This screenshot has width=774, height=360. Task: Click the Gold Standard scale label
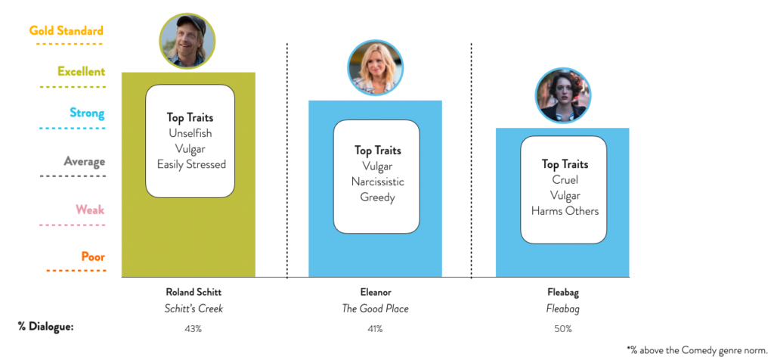pyautogui.click(x=67, y=30)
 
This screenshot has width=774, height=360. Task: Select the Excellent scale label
pyautogui.click(x=82, y=72)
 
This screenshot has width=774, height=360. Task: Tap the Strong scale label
pyautogui.click(x=87, y=113)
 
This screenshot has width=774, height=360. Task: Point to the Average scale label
pyautogui.click(x=84, y=162)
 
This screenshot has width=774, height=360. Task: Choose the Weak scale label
pyautogui.click(x=90, y=210)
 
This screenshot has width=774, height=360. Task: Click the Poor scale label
pyautogui.click(x=93, y=257)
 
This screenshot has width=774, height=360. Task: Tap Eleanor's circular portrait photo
pyautogui.click(x=376, y=67)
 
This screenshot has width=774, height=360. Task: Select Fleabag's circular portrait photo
pyautogui.click(x=563, y=95)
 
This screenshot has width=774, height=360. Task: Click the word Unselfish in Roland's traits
pyautogui.click(x=190, y=133)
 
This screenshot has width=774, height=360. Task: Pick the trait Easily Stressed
pyautogui.click(x=191, y=164)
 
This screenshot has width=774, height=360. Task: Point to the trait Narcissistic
pyautogui.click(x=378, y=182)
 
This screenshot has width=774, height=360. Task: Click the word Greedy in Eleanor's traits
pyautogui.click(x=378, y=197)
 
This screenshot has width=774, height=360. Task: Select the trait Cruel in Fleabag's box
pyautogui.click(x=565, y=180)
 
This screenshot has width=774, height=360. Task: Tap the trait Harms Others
pyautogui.click(x=565, y=211)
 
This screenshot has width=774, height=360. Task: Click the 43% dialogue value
pyautogui.click(x=192, y=328)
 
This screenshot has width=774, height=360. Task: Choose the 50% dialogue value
pyautogui.click(x=562, y=328)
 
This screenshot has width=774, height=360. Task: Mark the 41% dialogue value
pyautogui.click(x=375, y=328)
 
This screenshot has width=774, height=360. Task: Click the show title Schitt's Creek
pyautogui.click(x=193, y=309)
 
